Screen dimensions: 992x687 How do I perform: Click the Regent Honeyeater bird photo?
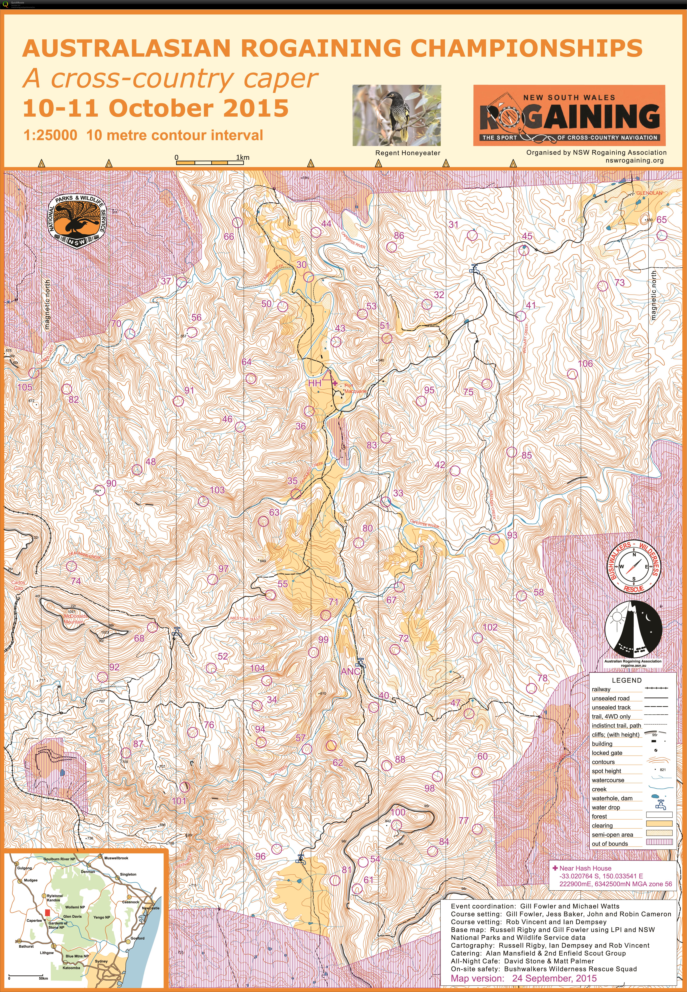[x=396, y=115]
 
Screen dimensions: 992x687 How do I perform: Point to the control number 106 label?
[x=585, y=364]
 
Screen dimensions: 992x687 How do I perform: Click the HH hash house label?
[x=315, y=383]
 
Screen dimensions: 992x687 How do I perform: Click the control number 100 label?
[x=398, y=812]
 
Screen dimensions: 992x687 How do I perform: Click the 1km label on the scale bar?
[x=243, y=157]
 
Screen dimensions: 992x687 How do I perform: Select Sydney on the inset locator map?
[x=101, y=961]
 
